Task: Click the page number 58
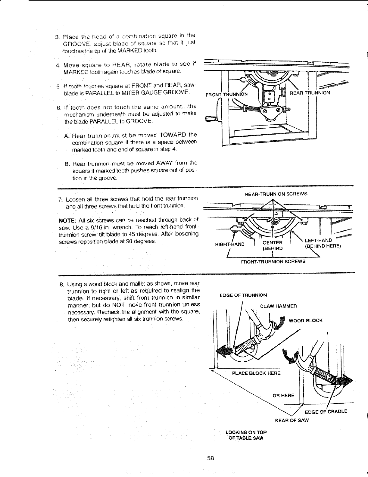pyautogui.click(x=210, y=459)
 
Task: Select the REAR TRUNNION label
pyautogui.click(x=310, y=93)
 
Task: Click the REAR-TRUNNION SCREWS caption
pyautogui.click(x=276, y=194)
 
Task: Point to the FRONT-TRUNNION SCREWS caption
pyautogui.click(x=273, y=262)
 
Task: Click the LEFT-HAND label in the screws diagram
pyautogui.click(x=318, y=240)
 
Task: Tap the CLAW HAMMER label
pyautogui.click(x=278, y=306)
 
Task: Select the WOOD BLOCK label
pyautogui.click(x=305, y=320)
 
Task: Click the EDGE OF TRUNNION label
pyautogui.click(x=243, y=295)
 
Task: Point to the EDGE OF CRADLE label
pyautogui.click(x=326, y=412)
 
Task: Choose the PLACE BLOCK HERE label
pyautogui.click(x=256, y=373)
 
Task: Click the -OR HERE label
pyautogui.click(x=282, y=395)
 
